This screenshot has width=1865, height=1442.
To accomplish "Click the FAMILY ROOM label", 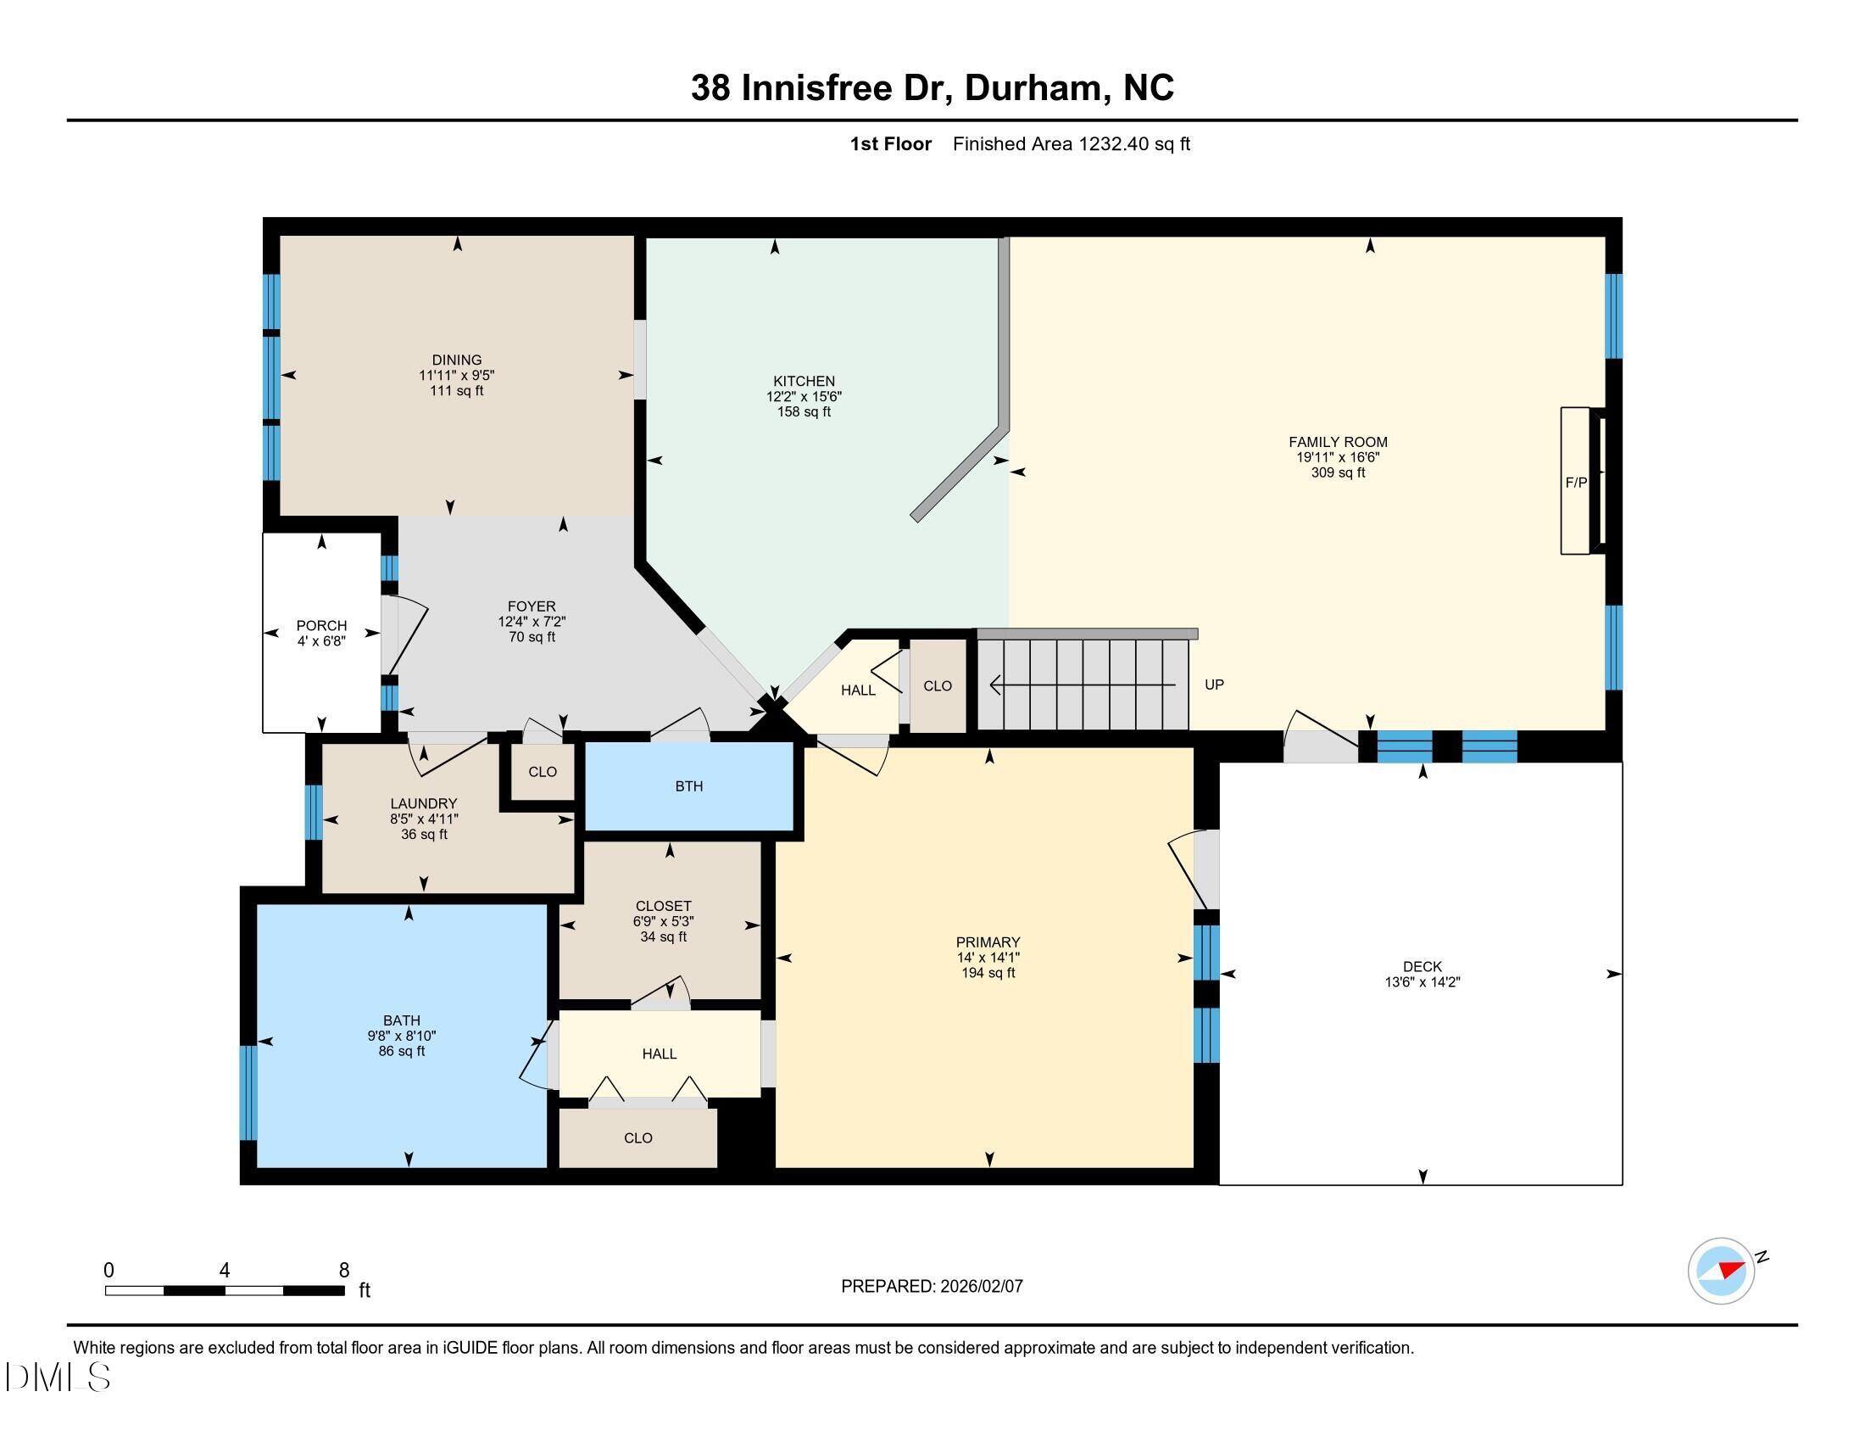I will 1337,442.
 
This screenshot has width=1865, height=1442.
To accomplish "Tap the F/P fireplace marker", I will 1576,483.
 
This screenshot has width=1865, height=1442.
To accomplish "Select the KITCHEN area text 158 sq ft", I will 804,411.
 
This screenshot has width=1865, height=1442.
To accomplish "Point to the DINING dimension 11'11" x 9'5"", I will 457,375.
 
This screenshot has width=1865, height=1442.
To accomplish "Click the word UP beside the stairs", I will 1213,685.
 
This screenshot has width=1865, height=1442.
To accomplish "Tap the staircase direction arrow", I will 1082,685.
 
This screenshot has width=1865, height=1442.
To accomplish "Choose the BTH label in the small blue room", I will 689,786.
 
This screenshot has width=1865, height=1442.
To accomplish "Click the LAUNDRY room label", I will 424,803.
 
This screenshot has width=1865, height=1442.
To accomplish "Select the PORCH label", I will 321,625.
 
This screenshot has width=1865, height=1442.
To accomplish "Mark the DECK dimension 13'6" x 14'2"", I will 1422,982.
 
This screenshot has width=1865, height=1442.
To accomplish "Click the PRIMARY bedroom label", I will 988,942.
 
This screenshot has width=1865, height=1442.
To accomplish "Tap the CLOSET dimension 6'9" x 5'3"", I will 664,922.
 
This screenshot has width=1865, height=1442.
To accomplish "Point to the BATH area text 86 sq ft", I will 401,1051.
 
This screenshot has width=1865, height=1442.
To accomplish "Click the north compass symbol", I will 1722,1272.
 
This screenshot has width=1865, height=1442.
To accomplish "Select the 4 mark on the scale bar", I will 224,1271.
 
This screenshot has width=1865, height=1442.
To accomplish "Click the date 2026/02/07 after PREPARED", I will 980,1287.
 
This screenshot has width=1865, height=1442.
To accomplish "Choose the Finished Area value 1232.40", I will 1114,143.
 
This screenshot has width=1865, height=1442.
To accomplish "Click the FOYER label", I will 532,606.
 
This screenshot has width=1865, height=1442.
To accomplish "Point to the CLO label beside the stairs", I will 937,686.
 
